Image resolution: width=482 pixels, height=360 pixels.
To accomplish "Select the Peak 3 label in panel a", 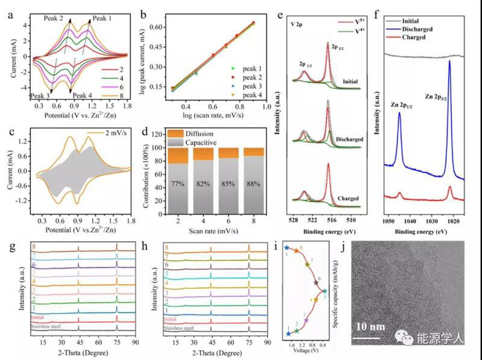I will [40, 96].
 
